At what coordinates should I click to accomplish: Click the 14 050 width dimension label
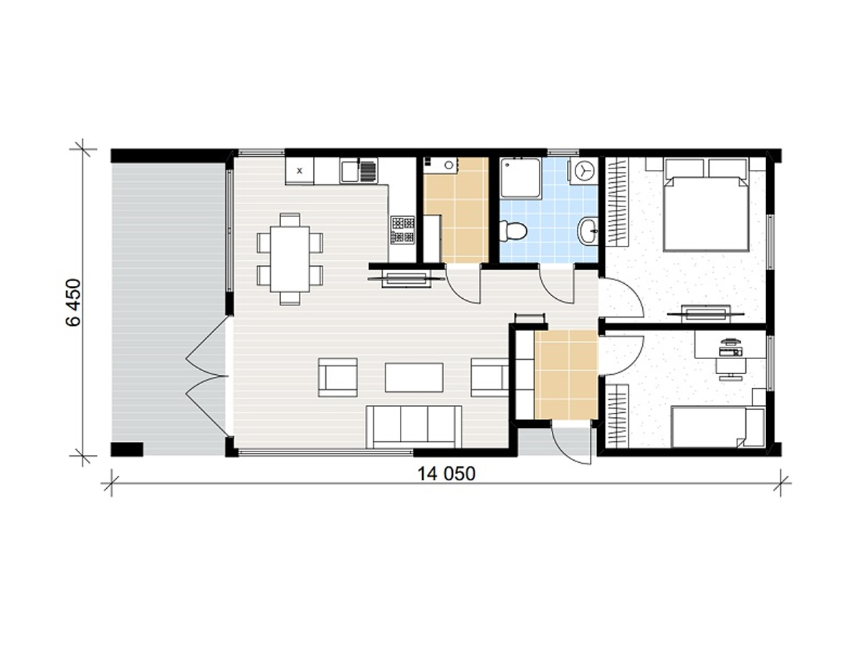(446, 474)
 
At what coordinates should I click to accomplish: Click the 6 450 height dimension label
(74, 302)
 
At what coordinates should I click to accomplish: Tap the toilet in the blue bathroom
(513, 231)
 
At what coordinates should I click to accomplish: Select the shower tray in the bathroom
(522, 178)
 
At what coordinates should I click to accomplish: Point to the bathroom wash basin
(588, 231)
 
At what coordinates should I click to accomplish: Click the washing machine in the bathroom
(583, 171)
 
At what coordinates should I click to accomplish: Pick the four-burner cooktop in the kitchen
(402, 230)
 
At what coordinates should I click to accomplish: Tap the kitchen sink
(358, 171)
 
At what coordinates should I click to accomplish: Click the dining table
(290, 259)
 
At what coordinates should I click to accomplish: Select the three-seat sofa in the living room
(414, 427)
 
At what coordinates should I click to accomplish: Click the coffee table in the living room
(414, 377)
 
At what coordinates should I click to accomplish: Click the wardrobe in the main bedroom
(617, 201)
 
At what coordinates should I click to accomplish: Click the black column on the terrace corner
(127, 449)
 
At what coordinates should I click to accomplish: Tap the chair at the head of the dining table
(290, 219)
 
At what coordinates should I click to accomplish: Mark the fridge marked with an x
(300, 171)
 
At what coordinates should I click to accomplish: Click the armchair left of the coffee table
(338, 377)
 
